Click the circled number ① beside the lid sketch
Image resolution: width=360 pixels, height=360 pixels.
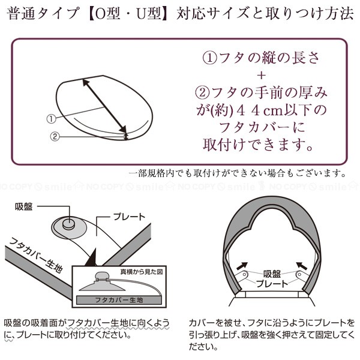[51, 119]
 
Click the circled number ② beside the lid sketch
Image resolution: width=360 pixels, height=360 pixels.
[54, 136]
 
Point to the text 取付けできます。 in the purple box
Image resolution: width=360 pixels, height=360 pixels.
[259, 145]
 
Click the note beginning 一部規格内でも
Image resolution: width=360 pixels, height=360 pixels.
[238, 173]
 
